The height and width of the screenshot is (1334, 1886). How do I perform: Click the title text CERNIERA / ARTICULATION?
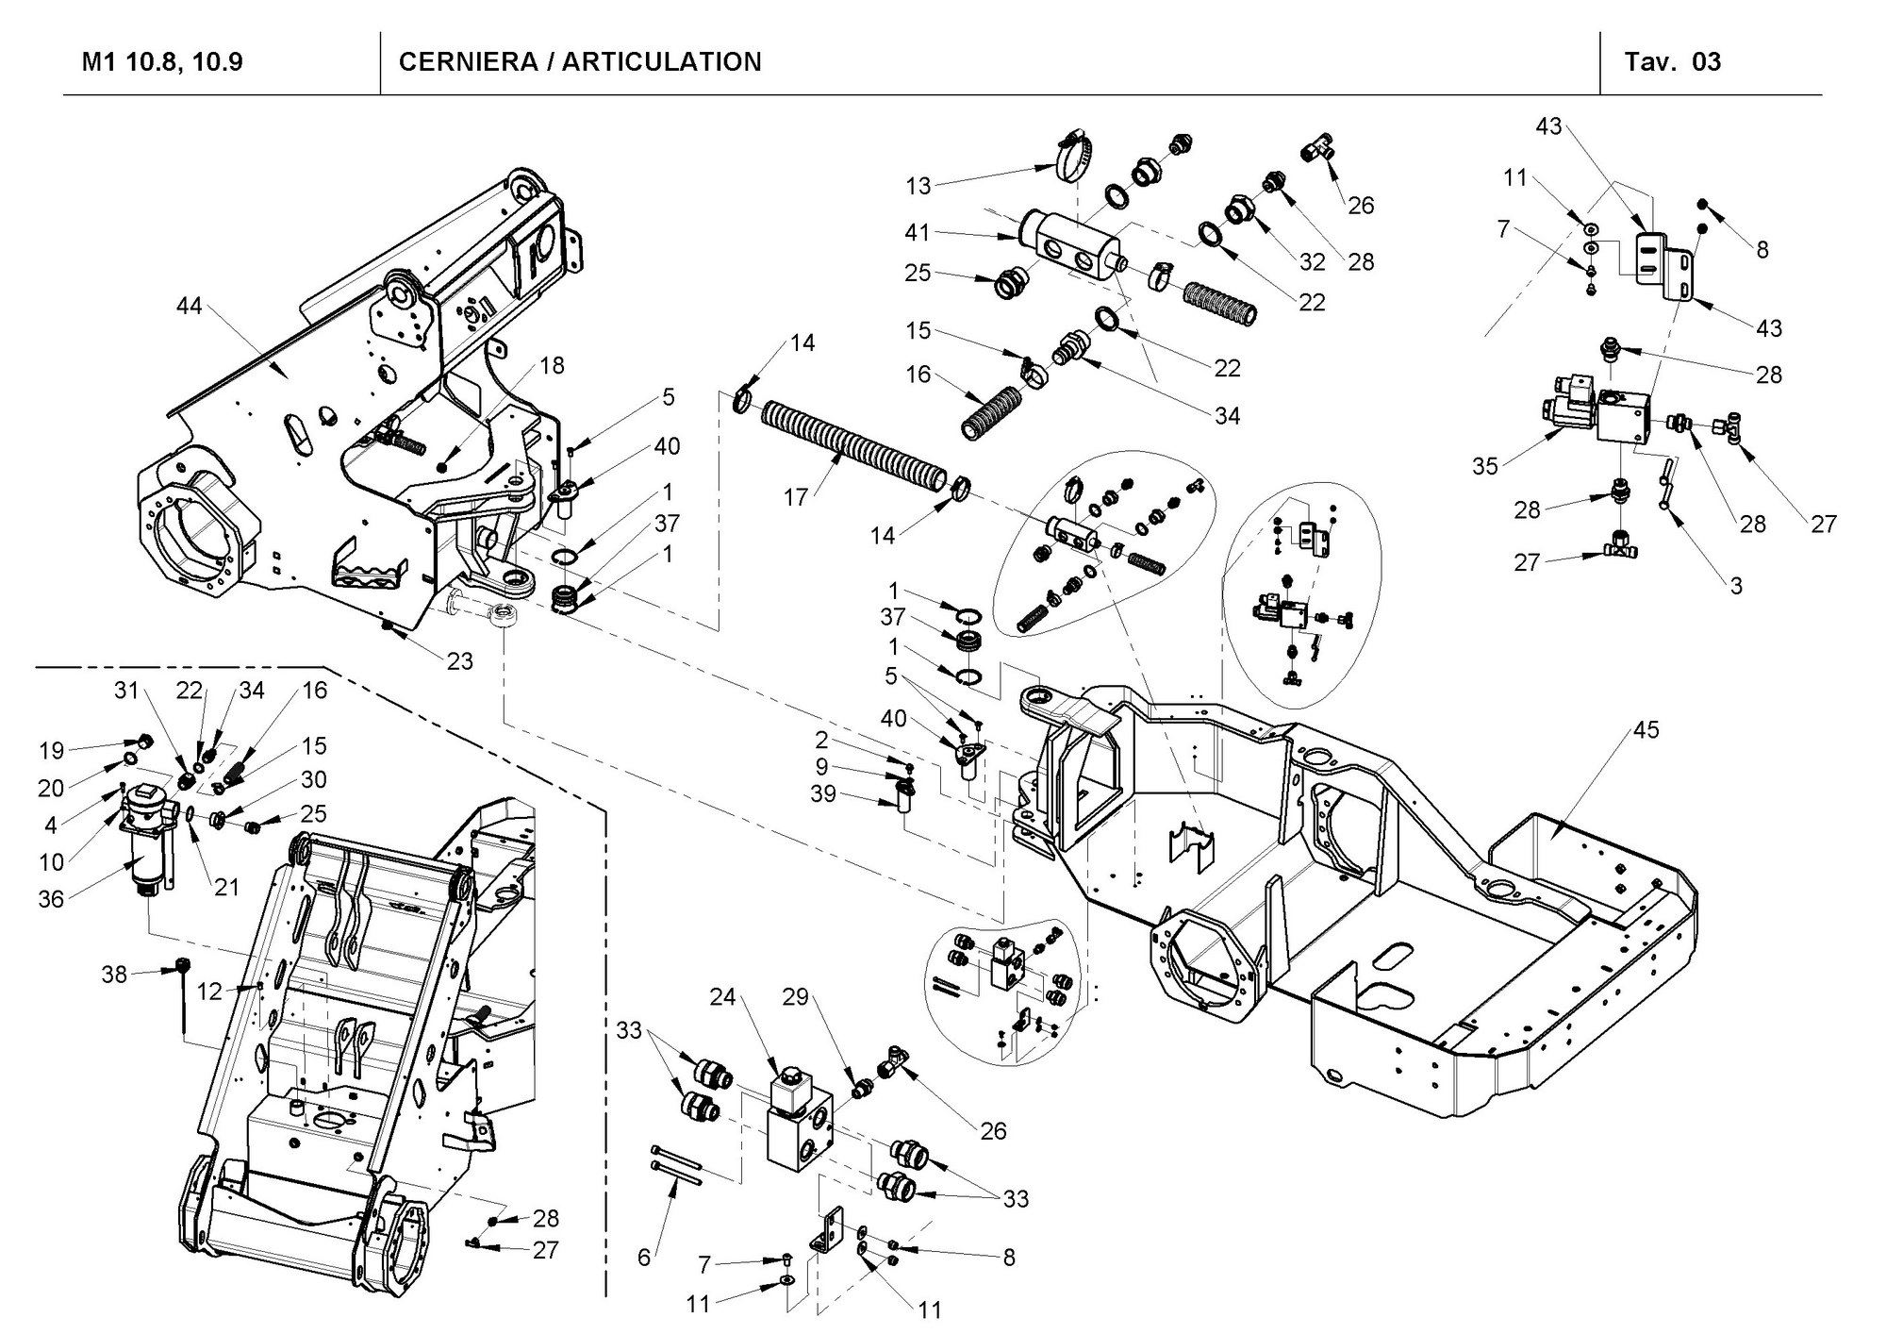click(x=580, y=62)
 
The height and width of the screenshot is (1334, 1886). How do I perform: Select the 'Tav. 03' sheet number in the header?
click(x=1672, y=62)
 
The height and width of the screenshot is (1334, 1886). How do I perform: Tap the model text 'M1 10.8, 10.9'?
click(x=162, y=62)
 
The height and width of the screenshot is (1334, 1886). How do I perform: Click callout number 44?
click(x=190, y=307)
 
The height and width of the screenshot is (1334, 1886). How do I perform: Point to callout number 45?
click(x=1646, y=730)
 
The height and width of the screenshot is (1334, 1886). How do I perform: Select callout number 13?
click(x=918, y=186)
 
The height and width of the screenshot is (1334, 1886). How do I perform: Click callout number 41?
click(x=918, y=232)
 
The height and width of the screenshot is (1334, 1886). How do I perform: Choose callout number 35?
click(x=1485, y=466)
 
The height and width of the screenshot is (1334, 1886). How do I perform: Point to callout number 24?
click(x=722, y=998)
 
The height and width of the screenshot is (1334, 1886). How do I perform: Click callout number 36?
click(x=51, y=899)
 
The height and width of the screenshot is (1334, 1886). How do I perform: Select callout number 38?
click(x=114, y=974)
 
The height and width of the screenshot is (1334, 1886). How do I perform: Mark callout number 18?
click(x=552, y=365)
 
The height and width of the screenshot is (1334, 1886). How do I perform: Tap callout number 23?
click(x=459, y=661)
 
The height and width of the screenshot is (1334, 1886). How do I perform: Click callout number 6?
click(x=644, y=1258)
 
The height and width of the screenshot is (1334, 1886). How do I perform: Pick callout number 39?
click(x=823, y=794)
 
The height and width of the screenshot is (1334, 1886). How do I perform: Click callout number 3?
click(x=1736, y=586)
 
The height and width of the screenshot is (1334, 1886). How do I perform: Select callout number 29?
click(x=796, y=997)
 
